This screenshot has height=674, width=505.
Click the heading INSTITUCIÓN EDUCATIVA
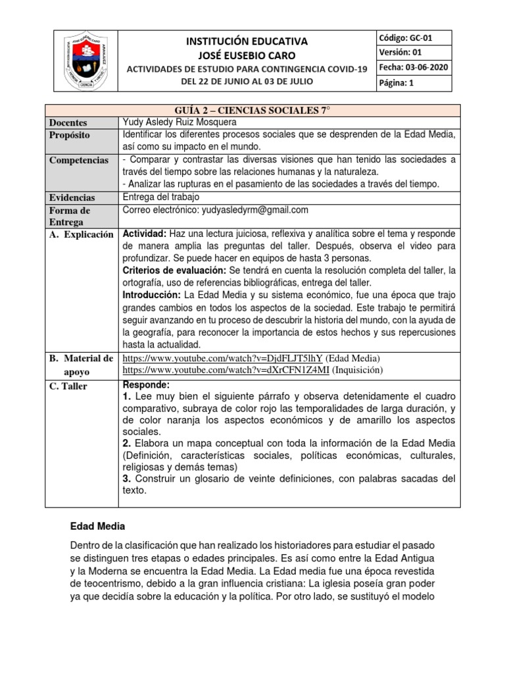247,41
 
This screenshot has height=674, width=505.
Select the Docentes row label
68,122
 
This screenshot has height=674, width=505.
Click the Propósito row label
70,135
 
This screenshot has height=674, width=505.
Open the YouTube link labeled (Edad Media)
223,358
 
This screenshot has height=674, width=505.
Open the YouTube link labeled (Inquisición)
226,371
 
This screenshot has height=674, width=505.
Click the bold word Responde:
146,385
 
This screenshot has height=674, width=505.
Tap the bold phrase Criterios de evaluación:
175,271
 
